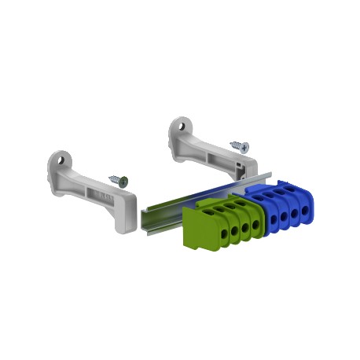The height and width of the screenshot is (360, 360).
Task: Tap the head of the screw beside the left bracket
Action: (x=124, y=180)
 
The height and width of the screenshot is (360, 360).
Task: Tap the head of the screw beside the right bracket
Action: (x=244, y=146)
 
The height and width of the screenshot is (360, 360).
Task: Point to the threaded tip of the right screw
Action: (x=232, y=143)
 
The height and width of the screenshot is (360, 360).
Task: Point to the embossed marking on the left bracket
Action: (x=101, y=193)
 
